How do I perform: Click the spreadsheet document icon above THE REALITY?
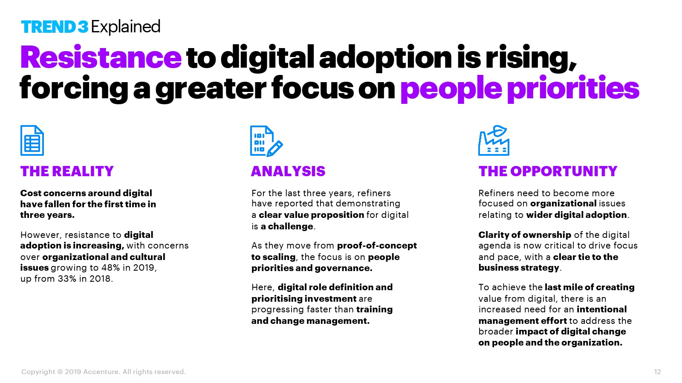(32, 140)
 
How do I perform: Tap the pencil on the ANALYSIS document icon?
(275, 149)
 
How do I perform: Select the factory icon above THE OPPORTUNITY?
(494, 140)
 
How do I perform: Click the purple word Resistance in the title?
(101, 57)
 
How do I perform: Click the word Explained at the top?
(125, 27)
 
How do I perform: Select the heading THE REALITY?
(67, 171)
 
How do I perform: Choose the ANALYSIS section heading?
(288, 171)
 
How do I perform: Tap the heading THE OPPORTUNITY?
(548, 171)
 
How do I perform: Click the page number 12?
(657, 372)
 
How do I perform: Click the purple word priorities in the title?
(573, 89)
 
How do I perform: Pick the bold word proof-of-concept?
(377, 246)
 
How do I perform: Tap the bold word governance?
(344, 268)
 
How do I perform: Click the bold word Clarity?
(494, 235)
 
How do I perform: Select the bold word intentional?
(601, 309)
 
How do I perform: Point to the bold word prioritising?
(277, 299)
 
